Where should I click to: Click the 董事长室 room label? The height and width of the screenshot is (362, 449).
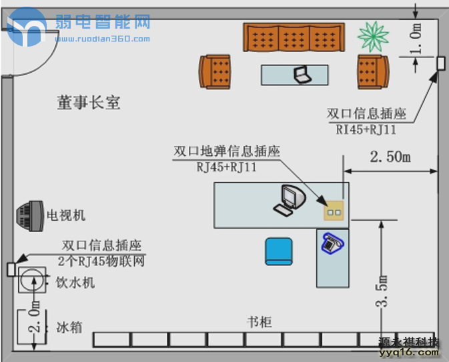pyautogui.click(x=88, y=102)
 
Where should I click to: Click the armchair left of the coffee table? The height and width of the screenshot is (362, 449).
pyautogui.click(x=215, y=71)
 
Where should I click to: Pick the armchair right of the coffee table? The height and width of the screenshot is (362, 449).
pyautogui.click(x=372, y=71)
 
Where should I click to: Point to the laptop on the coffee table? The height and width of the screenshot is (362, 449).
pyautogui.click(x=303, y=74)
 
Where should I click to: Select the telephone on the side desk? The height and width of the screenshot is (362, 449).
pyautogui.click(x=331, y=243)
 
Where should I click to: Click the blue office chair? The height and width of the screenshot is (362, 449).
pyautogui.click(x=279, y=251)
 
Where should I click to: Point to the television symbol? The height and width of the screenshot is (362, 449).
pyautogui.click(x=29, y=216)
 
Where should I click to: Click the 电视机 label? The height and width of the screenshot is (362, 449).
pyautogui.click(x=65, y=215)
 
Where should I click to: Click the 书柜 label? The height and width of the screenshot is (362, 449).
pyautogui.click(x=259, y=322)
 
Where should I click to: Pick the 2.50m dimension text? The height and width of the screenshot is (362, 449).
pyautogui.click(x=390, y=157)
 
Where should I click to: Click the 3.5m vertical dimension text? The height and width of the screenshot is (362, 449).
pyautogui.click(x=382, y=291)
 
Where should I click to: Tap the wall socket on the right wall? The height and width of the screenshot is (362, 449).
pyautogui.click(x=441, y=63)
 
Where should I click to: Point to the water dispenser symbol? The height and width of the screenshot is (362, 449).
pyautogui.click(x=31, y=281)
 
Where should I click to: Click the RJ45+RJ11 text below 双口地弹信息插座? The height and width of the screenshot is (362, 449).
pyautogui.click(x=227, y=167)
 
